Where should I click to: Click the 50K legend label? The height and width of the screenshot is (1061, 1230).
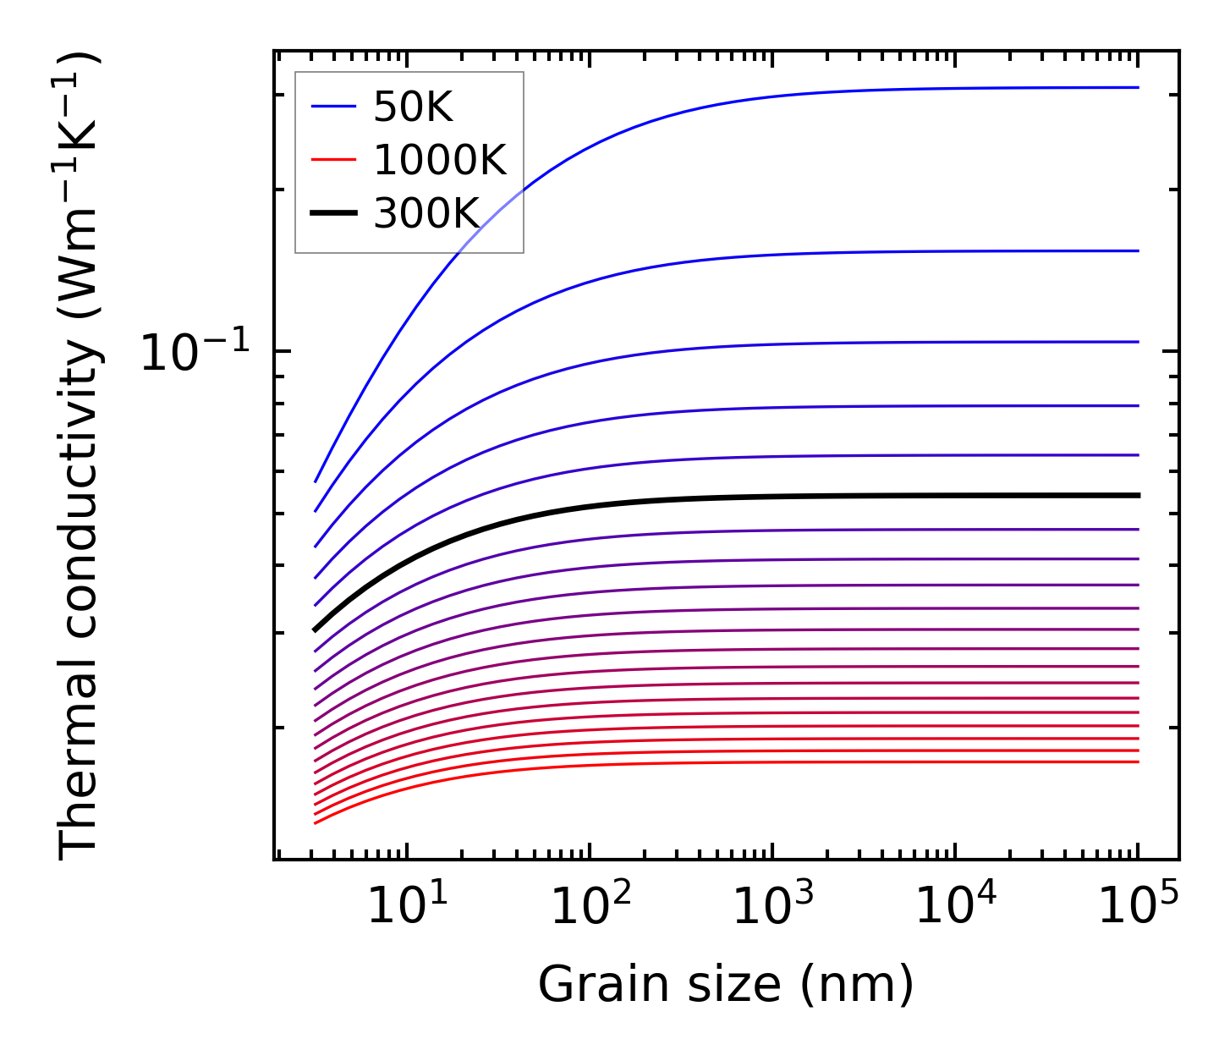(414, 107)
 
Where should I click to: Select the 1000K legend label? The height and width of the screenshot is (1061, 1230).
(440, 160)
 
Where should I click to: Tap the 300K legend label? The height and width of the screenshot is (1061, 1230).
(426, 213)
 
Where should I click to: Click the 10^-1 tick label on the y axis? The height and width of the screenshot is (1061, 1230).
(195, 352)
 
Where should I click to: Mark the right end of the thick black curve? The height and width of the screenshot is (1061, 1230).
(1139, 495)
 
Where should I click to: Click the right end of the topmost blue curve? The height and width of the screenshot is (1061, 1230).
(1139, 87)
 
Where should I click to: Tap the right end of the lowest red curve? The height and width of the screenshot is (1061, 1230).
(1139, 761)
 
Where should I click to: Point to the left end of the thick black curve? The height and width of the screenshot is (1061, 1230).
(315, 629)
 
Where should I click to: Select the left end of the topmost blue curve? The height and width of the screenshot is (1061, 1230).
(315, 482)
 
